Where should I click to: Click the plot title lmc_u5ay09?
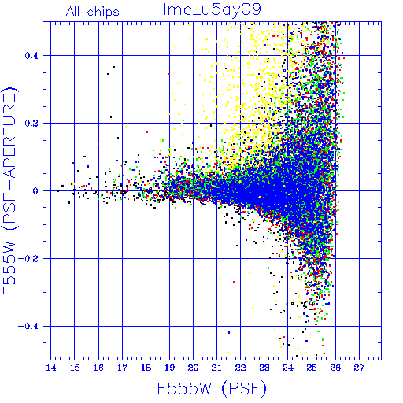212,10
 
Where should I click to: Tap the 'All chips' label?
93,12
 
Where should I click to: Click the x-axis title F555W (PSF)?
212,388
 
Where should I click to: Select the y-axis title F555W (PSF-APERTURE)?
10,190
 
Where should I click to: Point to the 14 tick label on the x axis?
51,368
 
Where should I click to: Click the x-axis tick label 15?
75,368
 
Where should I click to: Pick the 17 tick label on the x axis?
122,368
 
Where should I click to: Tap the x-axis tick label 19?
170,368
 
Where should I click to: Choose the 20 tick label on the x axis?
193,368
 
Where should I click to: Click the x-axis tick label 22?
241,368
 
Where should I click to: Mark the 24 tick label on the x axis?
288,368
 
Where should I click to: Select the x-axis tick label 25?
312,368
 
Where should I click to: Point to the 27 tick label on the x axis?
359,368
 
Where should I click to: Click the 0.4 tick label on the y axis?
31,56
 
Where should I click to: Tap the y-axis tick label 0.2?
31,124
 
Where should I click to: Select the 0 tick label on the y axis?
35,191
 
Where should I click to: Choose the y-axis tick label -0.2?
28,259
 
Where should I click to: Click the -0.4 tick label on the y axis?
28,327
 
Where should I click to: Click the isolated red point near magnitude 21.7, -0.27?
234,282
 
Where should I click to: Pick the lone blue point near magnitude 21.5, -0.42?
229,332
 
